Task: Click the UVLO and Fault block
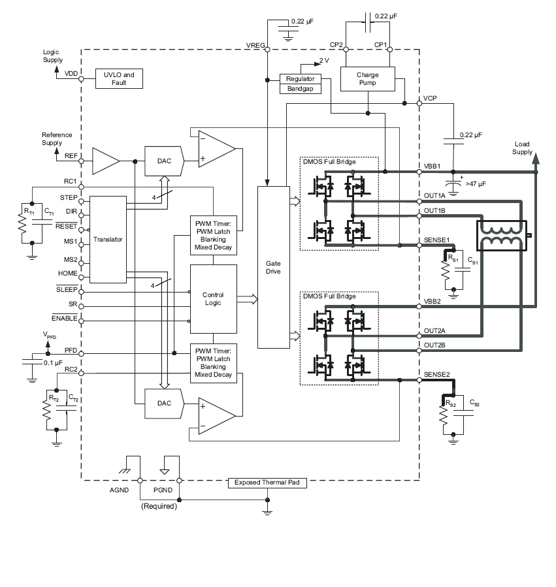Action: point(118,78)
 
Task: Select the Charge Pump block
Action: point(367,79)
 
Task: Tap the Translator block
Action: point(108,239)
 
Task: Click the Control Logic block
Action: point(213,298)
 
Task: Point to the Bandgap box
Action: point(301,89)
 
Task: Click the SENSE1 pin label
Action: point(437,239)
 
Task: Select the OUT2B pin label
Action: point(434,345)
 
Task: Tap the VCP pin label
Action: point(430,98)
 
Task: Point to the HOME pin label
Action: point(67,273)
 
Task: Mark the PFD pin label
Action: point(71,351)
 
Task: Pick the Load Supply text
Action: point(522,148)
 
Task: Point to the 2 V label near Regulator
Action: point(324,61)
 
